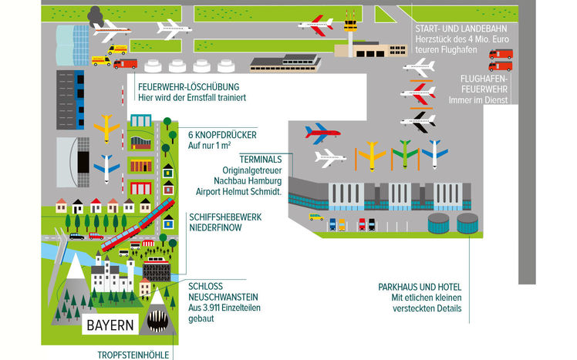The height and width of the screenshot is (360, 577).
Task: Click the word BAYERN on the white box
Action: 110,324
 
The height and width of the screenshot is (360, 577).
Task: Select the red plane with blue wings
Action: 322,131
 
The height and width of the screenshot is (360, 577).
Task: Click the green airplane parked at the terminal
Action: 403,153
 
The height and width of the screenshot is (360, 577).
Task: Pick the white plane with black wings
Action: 418,119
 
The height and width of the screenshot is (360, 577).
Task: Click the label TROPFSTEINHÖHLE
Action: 134,355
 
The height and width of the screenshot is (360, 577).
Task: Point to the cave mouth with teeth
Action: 157,320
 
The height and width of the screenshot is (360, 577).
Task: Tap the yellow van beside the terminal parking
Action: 316,217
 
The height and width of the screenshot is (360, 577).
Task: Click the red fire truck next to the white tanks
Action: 125,64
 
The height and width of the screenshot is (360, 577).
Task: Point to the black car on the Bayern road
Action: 76,237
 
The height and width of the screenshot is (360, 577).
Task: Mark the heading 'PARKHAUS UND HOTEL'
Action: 420,287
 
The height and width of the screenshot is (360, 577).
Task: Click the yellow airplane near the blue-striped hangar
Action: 106,127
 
